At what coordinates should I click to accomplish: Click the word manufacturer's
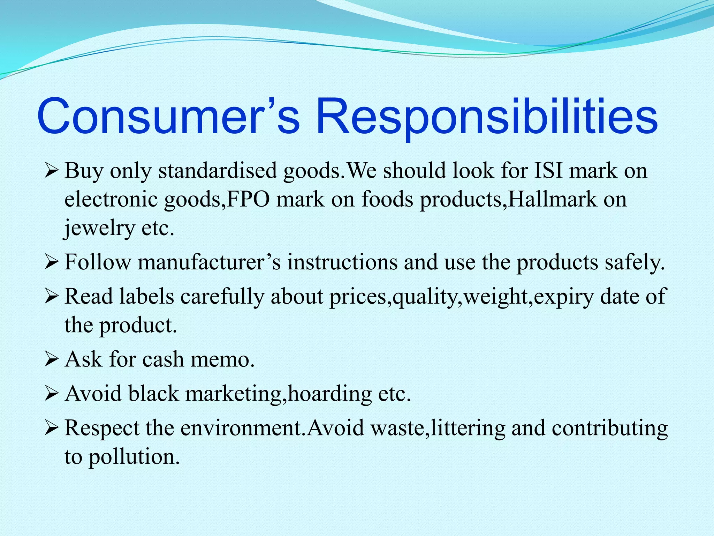(209, 262)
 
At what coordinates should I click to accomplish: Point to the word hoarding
(330, 394)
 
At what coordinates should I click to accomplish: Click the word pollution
(134, 457)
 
